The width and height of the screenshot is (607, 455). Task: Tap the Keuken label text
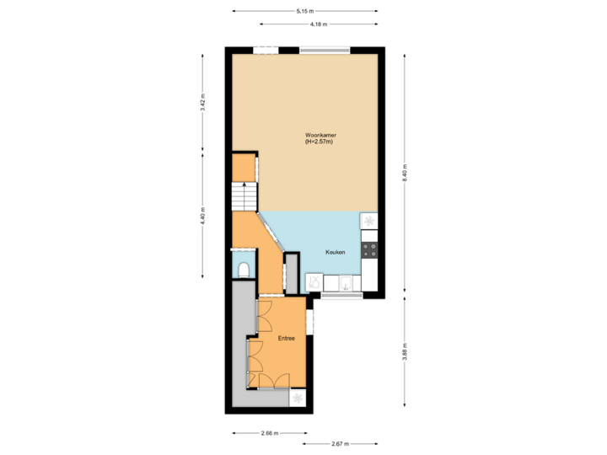pyautogui.click(x=338, y=252)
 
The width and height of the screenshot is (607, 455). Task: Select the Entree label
pyautogui.click(x=287, y=338)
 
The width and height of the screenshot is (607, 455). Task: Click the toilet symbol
pyautogui.click(x=243, y=270)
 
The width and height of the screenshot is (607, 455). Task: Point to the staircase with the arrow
pyautogui.click(x=244, y=198)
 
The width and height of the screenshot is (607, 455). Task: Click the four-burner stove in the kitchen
pyautogui.click(x=368, y=249)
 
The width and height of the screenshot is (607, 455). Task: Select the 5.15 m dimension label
pyautogui.click(x=304, y=11)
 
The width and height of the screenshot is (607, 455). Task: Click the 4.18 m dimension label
pyautogui.click(x=319, y=24)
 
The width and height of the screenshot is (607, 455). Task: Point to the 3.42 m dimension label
pyautogui.click(x=202, y=102)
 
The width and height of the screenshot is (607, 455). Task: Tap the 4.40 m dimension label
pyautogui.click(x=202, y=217)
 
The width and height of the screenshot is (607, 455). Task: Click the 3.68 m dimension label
pyautogui.click(x=405, y=350)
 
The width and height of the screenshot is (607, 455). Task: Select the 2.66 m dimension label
pyautogui.click(x=269, y=433)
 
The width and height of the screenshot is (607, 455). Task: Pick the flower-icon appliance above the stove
pyautogui.click(x=368, y=221)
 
